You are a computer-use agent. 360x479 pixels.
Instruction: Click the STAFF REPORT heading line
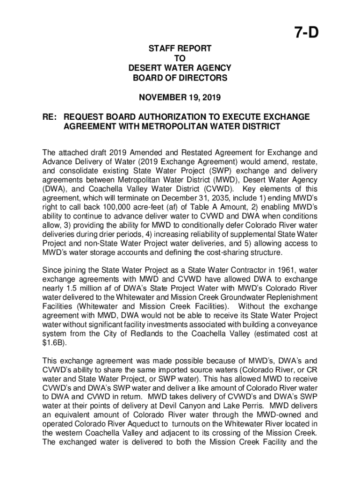180,48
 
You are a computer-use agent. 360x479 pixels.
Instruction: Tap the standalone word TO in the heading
180,58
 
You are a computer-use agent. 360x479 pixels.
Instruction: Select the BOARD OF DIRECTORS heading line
180,78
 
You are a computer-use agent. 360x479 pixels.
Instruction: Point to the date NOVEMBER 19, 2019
180,98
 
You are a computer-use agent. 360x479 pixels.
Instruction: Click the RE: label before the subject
50,117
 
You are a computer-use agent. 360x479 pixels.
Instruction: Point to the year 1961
265,270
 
